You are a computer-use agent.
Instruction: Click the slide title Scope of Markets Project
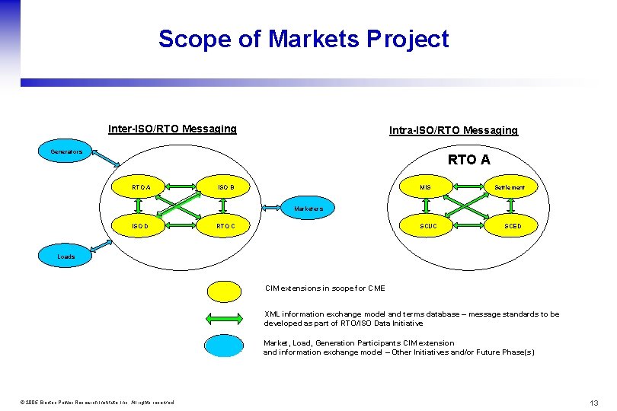[x=303, y=39]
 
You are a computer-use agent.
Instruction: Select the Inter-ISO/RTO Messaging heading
[x=172, y=129]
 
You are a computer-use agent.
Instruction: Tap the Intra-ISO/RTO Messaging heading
[x=453, y=130]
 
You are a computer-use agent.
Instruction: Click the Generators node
[x=66, y=151]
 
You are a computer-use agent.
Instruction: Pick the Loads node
[x=66, y=256]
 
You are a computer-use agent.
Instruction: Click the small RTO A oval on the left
[x=141, y=187]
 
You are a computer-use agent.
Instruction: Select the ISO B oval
[x=226, y=187]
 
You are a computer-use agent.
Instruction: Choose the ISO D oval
[x=141, y=226]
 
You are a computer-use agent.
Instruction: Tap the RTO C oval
[x=226, y=226]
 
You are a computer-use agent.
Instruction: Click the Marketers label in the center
[x=308, y=208]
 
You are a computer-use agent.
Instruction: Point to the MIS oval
[x=425, y=187]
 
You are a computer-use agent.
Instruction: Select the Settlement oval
[x=510, y=187]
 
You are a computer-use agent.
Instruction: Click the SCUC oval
[x=429, y=226]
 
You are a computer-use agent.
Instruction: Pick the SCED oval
[x=513, y=226]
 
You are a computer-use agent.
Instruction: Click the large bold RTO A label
[x=468, y=159]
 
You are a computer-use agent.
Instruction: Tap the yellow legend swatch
[x=226, y=290]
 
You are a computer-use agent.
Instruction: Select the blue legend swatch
[x=226, y=346]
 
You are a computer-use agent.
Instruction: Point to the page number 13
[x=593, y=402]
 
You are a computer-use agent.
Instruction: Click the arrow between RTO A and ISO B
[x=184, y=187]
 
